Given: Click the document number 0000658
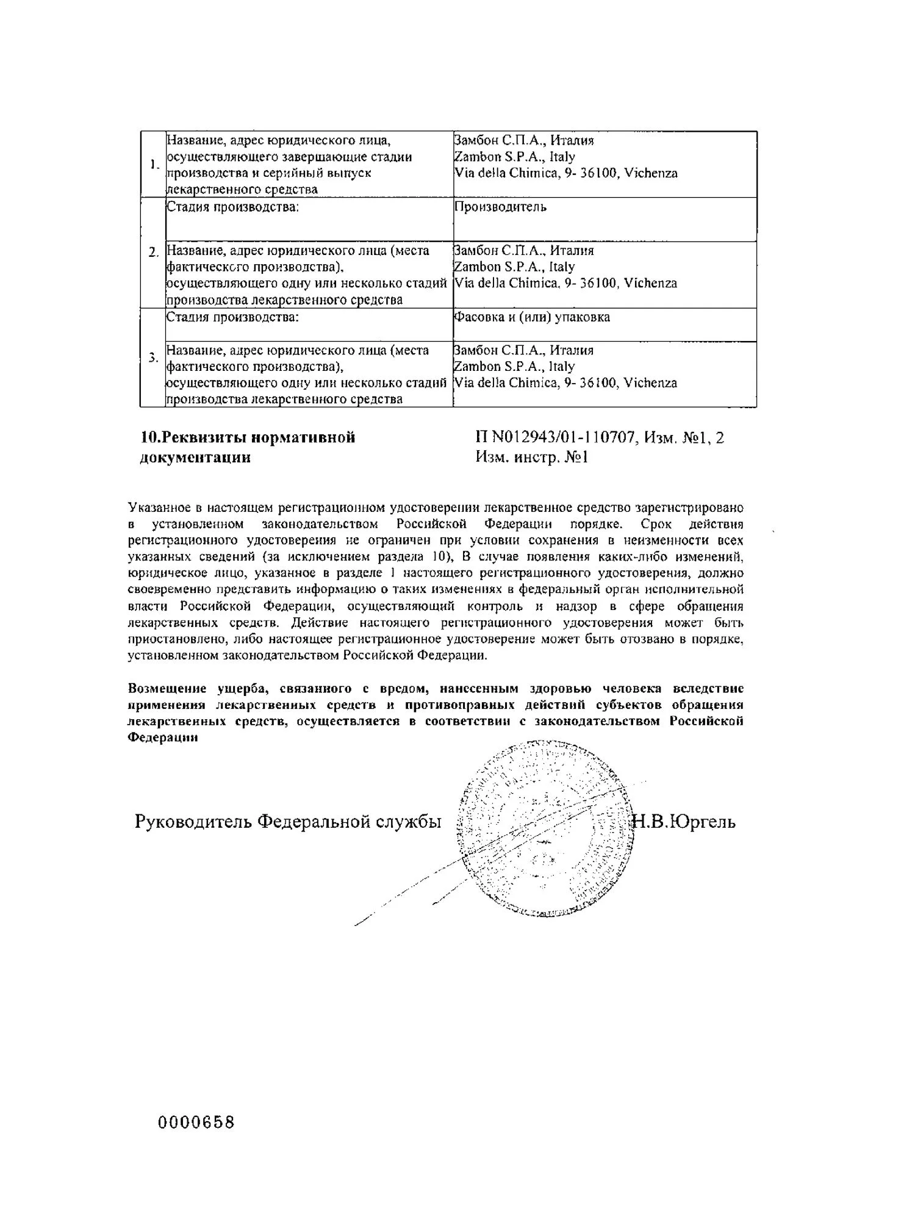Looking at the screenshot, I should pos(196,1122).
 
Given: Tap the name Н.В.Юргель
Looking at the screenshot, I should pos(684,822).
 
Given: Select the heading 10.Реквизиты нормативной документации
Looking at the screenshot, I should pos(248,447).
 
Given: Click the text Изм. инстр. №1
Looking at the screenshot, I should pos(531,457).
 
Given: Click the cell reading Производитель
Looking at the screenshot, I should pos(500,207).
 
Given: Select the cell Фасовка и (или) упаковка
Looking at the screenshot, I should pos(532,317).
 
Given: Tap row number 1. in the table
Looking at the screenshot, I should pos(154,164).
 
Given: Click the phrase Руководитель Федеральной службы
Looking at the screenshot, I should pos(288,822).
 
